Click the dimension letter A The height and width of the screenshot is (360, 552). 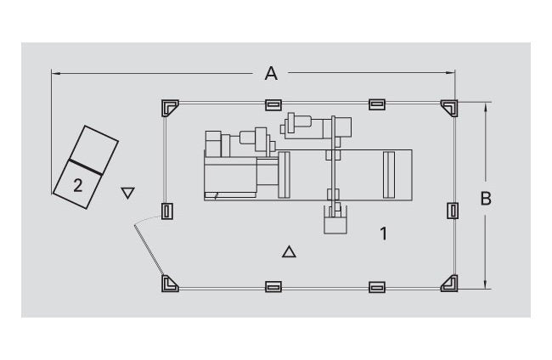(x=271, y=73)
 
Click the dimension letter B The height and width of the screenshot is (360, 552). (x=486, y=199)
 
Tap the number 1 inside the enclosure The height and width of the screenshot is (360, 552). (x=384, y=233)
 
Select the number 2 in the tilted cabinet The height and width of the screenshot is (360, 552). (x=78, y=185)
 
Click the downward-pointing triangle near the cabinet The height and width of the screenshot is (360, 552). (x=127, y=193)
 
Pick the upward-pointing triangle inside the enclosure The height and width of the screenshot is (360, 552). (x=289, y=251)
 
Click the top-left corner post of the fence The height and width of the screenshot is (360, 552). (x=170, y=108)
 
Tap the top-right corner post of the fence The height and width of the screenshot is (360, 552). (x=449, y=108)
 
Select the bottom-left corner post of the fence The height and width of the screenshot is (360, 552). (x=170, y=284)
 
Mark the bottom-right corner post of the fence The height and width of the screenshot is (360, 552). (x=449, y=284)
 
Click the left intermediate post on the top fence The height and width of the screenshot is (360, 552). (x=273, y=105)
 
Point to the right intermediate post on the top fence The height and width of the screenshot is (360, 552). (x=377, y=104)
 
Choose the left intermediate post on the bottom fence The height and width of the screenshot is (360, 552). (x=273, y=287)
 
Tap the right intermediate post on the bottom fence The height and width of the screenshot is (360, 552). (x=377, y=287)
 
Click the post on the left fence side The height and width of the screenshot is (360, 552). (x=166, y=211)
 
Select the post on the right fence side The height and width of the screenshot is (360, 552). (x=453, y=211)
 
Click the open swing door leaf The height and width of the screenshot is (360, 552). (x=149, y=250)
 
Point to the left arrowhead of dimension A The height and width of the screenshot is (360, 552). (x=56, y=74)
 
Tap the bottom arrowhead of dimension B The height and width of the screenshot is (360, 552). (x=486, y=284)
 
